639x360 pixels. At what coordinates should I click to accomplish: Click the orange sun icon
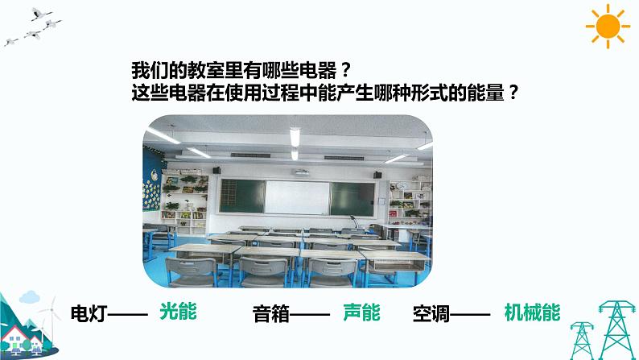[x=608, y=27]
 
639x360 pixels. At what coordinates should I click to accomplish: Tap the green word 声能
[x=361, y=312]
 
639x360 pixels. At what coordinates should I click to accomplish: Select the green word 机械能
[x=532, y=312]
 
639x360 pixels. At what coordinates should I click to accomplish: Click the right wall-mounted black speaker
[x=376, y=173]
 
